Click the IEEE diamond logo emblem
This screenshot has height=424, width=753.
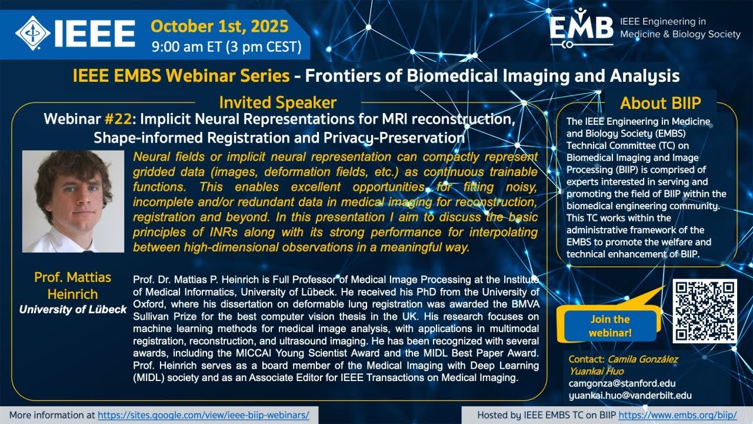click(33, 31)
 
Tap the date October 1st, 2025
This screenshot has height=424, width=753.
click(219, 26)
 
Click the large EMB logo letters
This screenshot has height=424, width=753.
click(581, 28)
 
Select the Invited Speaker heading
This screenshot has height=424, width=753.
click(278, 102)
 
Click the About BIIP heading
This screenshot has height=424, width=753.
click(660, 103)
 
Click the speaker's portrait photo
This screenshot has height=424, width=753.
click(73, 201)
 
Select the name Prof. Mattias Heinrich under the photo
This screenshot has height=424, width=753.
click(73, 285)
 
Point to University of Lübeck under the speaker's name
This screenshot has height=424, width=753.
click(73, 309)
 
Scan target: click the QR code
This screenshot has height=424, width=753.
click(704, 311)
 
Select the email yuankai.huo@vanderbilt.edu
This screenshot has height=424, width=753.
click(630, 396)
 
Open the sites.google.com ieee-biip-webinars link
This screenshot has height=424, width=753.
click(204, 415)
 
